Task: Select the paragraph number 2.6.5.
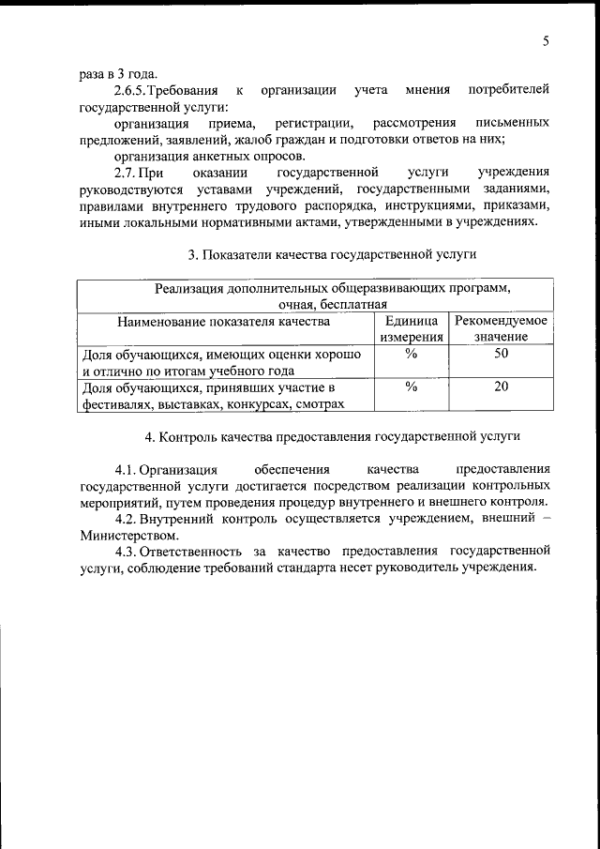(x=133, y=90)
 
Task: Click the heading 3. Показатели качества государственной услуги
(x=333, y=254)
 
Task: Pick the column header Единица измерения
(x=412, y=328)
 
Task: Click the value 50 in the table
(x=501, y=354)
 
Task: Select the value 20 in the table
(x=501, y=387)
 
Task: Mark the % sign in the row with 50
(x=411, y=354)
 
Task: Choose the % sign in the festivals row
(x=411, y=387)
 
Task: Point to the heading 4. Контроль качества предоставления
(x=333, y=436)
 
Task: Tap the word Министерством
(x=128, y=534)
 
